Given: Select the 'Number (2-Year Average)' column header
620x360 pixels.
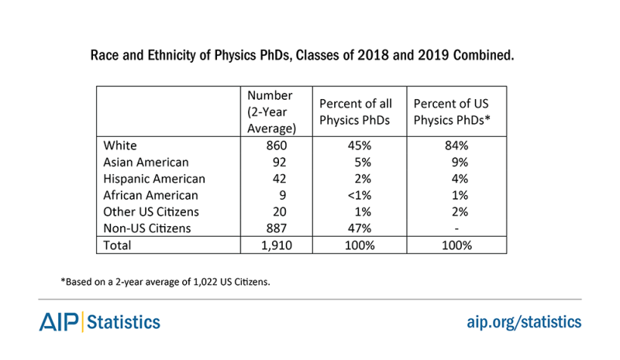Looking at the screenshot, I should tap(270, 112).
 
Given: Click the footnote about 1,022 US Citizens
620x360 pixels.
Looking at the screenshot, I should tap(166, 282).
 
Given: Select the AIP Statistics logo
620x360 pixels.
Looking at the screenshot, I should tap(100, 321).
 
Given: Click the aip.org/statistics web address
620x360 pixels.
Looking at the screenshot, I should tap(523, 322).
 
